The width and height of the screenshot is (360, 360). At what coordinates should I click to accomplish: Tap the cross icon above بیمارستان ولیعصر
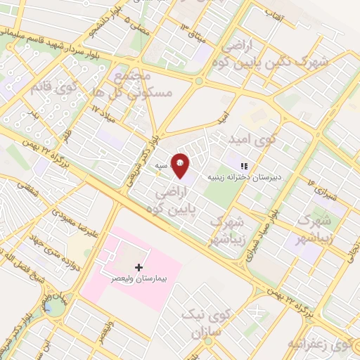(x=138, y=267)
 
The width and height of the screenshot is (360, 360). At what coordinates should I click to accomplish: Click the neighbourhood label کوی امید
(x=257, y=140)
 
